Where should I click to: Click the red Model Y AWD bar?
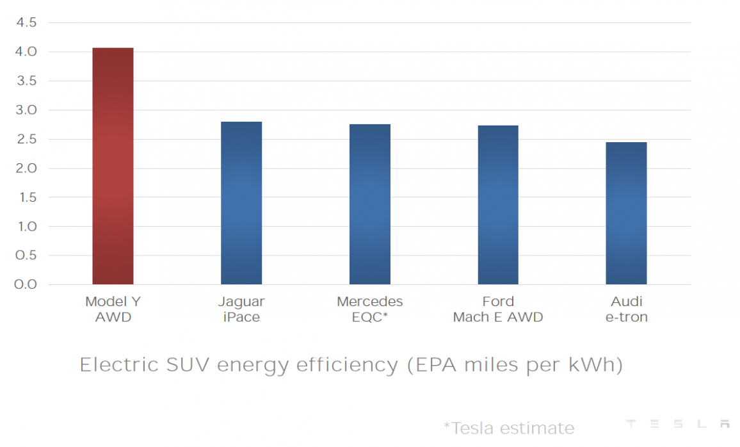(113, 167)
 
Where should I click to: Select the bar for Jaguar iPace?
(241, 203)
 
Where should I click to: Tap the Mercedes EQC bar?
(369, 204)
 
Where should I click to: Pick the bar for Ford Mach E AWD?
(498, 205)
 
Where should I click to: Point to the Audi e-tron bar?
(626, 213)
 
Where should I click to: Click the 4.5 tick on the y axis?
(26, 23)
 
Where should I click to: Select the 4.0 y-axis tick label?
(26, 52)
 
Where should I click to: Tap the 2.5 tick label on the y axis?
(26, 140)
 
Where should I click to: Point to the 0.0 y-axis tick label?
(26, 284)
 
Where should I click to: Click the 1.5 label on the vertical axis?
(26, 198)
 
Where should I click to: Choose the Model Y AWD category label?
(113, 309)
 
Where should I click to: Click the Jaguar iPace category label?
(241, 309)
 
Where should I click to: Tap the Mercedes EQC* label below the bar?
(369, 309)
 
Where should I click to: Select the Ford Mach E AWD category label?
(498, 309)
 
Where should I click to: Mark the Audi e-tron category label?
(626, 309)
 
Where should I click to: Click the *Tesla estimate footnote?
(508, 428)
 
